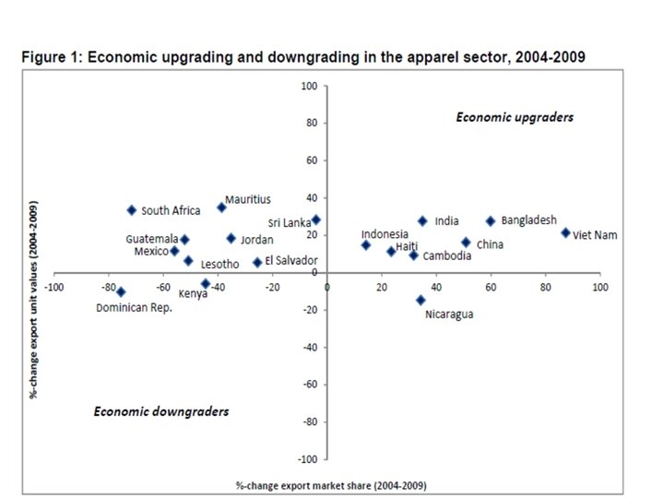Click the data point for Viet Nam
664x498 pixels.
[x=565, y=232]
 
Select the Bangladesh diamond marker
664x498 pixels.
[x=491, y=221]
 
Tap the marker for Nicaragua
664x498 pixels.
[x=421, y=300]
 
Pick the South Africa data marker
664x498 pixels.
[x=132, y=210]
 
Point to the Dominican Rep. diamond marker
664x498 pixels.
[x=121, y=292]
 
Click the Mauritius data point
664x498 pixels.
[x=221, y=207]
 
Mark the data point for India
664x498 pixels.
[x=422, y=221]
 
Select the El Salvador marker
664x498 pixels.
[x=257, y=262]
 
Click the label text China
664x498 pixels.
[x=490, y=245]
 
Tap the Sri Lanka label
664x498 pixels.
[x=289, y=222]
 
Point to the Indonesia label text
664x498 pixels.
[x=385, y=234]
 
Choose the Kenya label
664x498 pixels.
[x=193, y=294]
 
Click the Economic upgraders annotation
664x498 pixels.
[x=515, y=117]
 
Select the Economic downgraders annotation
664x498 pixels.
[x=161, y=411]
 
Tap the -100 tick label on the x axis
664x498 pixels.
[x=54, y=288]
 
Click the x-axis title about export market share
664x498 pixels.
[x=331, y=484]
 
